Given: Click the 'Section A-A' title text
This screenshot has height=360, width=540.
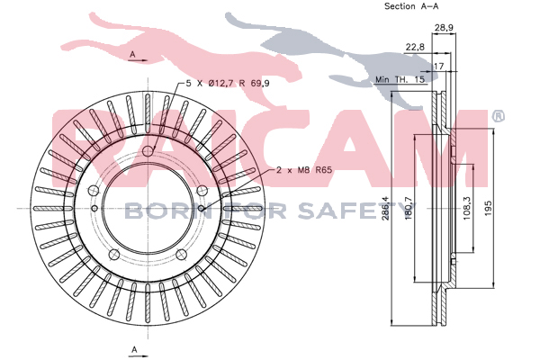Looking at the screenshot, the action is tap(411, 6).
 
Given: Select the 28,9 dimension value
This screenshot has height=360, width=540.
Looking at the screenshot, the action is tap(444, 28).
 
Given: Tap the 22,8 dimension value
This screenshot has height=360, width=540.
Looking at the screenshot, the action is tap(415, 47).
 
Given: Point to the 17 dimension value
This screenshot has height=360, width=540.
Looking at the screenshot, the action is tap(439, 66).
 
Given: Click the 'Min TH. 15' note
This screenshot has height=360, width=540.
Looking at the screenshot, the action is tap(400, 79).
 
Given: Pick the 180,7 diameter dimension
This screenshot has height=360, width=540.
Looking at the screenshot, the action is tap(409, 208).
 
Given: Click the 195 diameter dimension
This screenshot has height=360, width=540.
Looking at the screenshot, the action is tap(489, 208).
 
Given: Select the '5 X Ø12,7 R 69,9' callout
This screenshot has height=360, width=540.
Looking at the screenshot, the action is tap(228, 84).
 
